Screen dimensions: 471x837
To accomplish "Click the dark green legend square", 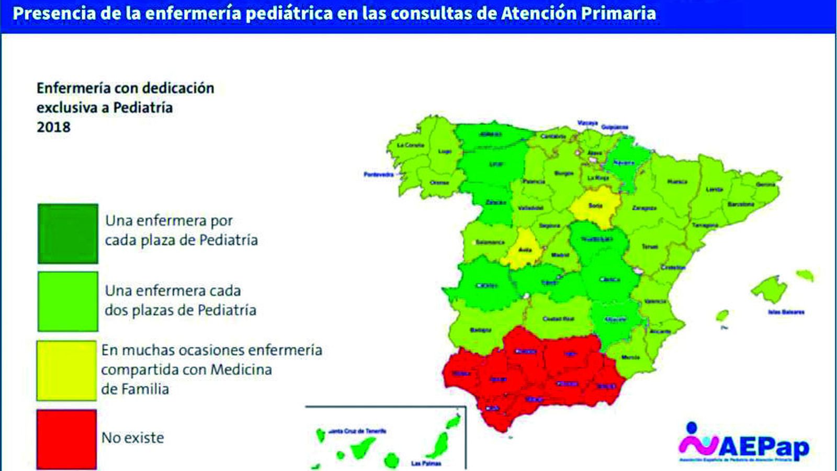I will (x=67, y=233).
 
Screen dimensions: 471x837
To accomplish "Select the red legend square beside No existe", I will (x=66, y=439).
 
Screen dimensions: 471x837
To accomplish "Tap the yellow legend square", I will (x=66, y=371).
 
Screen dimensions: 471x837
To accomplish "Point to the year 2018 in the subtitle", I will (x=53, y=127).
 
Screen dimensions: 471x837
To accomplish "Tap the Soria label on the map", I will (x=595, y=206).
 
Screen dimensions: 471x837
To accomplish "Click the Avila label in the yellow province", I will (x=525, y=250).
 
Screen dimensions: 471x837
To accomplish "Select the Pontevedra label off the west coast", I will (x=379, y=174).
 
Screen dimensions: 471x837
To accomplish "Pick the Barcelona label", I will (x=741, y=204).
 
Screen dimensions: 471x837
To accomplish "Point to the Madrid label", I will (x=560, y=255).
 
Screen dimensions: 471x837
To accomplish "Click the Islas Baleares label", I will (x=786, y=312).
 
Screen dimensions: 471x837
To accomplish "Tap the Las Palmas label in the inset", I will (x=426, y=463).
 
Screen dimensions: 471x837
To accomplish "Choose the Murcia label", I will (x=630, y=357).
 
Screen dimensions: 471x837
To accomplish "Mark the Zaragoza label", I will (x=644, y=208).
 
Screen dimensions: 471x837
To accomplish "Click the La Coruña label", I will (x=411, y=145).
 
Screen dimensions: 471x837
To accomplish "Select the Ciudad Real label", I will (x=559, y=319).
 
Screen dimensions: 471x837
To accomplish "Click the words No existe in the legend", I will (x=132, y=438).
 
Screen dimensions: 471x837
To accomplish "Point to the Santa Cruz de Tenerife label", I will (x=358, y=431).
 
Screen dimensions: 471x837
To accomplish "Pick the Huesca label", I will (x=677, y=182).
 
